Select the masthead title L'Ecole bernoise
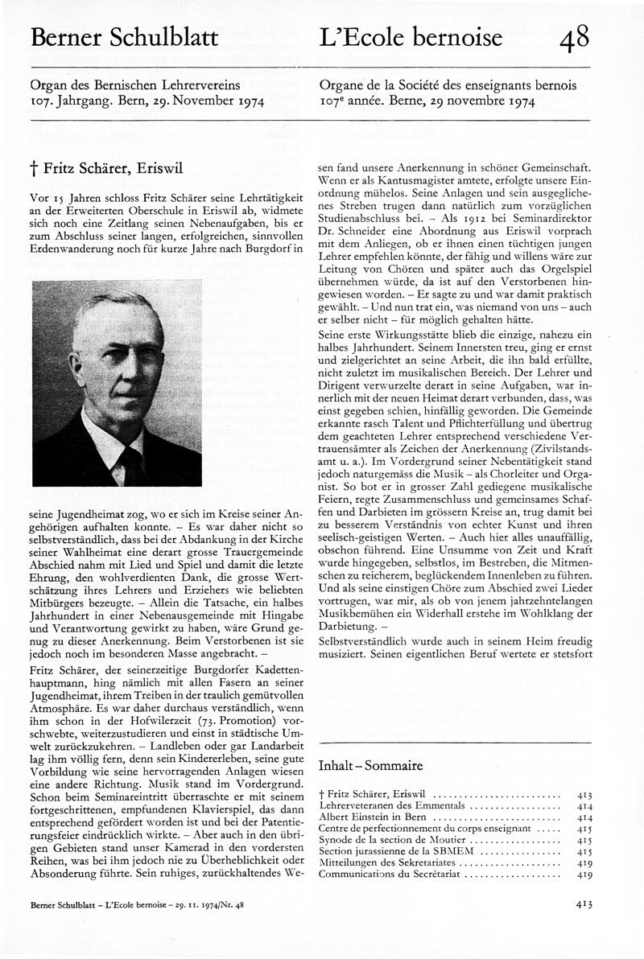tap(411, 37)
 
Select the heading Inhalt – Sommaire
tap(371, 765)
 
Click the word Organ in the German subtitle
tap(47, 83)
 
